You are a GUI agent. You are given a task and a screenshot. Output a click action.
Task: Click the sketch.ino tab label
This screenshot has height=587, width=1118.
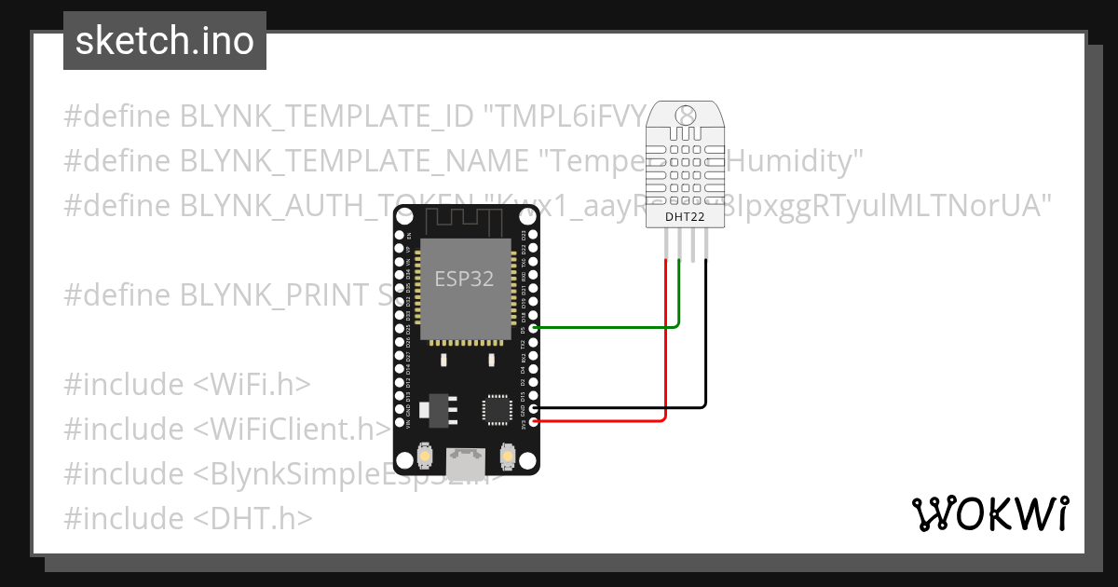point(165,41)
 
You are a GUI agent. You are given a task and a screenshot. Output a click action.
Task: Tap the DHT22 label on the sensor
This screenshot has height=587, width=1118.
point(685,217)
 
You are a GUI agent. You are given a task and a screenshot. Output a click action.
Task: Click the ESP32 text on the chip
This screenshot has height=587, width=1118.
point(464,279)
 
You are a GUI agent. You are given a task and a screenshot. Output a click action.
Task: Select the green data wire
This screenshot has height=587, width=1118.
point(606,327)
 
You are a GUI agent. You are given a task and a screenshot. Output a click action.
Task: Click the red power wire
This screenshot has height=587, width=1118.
point(665,354)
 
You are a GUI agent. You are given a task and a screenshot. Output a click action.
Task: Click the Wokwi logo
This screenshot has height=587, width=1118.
point(989,513)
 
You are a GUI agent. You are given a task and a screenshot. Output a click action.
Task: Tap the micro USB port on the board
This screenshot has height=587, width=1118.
point(466,460)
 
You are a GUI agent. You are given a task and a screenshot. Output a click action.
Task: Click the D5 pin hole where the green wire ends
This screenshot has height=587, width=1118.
point(533,328)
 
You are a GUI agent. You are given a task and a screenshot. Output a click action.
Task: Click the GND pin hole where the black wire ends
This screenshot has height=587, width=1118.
point(533,408)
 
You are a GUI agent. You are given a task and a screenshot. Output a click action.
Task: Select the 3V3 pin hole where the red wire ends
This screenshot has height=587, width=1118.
point(533,422)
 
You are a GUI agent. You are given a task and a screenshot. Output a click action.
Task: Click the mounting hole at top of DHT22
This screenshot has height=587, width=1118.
point(686,116)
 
